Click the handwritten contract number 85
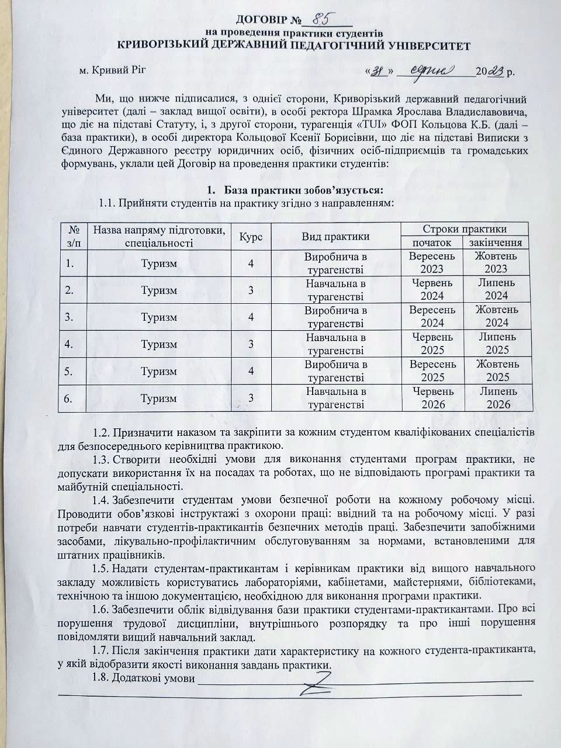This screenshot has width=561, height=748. pos(318,20)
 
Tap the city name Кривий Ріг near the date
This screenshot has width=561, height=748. pos(112,71)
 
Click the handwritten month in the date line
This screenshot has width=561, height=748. pos(437,71)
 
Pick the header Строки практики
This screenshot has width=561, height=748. pos(464,228)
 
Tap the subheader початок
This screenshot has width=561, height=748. pos(432,243)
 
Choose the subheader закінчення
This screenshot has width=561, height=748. pos(496,243)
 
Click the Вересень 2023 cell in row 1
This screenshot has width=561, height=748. pos(432,262)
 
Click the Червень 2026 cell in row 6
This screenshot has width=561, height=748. pos(432,397)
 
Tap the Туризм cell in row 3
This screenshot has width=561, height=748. pos(159,317)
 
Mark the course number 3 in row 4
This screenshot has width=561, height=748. pos(251,344)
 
